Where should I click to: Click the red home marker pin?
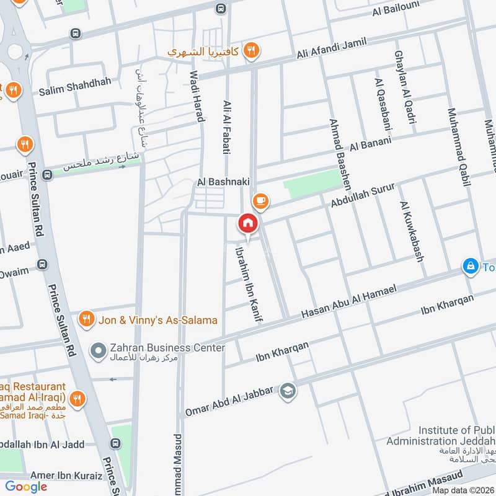click(x=247, y=223)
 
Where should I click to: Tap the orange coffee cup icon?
click(x=260, y=200)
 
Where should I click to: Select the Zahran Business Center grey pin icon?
click(x=98, y=351)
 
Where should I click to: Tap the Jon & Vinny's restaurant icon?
click(x=87, y=319)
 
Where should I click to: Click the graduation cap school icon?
click(x=287, y=391)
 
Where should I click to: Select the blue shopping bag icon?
click(x=471, y=267)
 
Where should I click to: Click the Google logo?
click(x=26, y=487)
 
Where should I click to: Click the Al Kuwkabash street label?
click(x=412, y=231)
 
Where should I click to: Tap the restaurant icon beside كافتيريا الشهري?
click(x=251, y=51)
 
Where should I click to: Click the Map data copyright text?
click(x=461, y=490)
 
